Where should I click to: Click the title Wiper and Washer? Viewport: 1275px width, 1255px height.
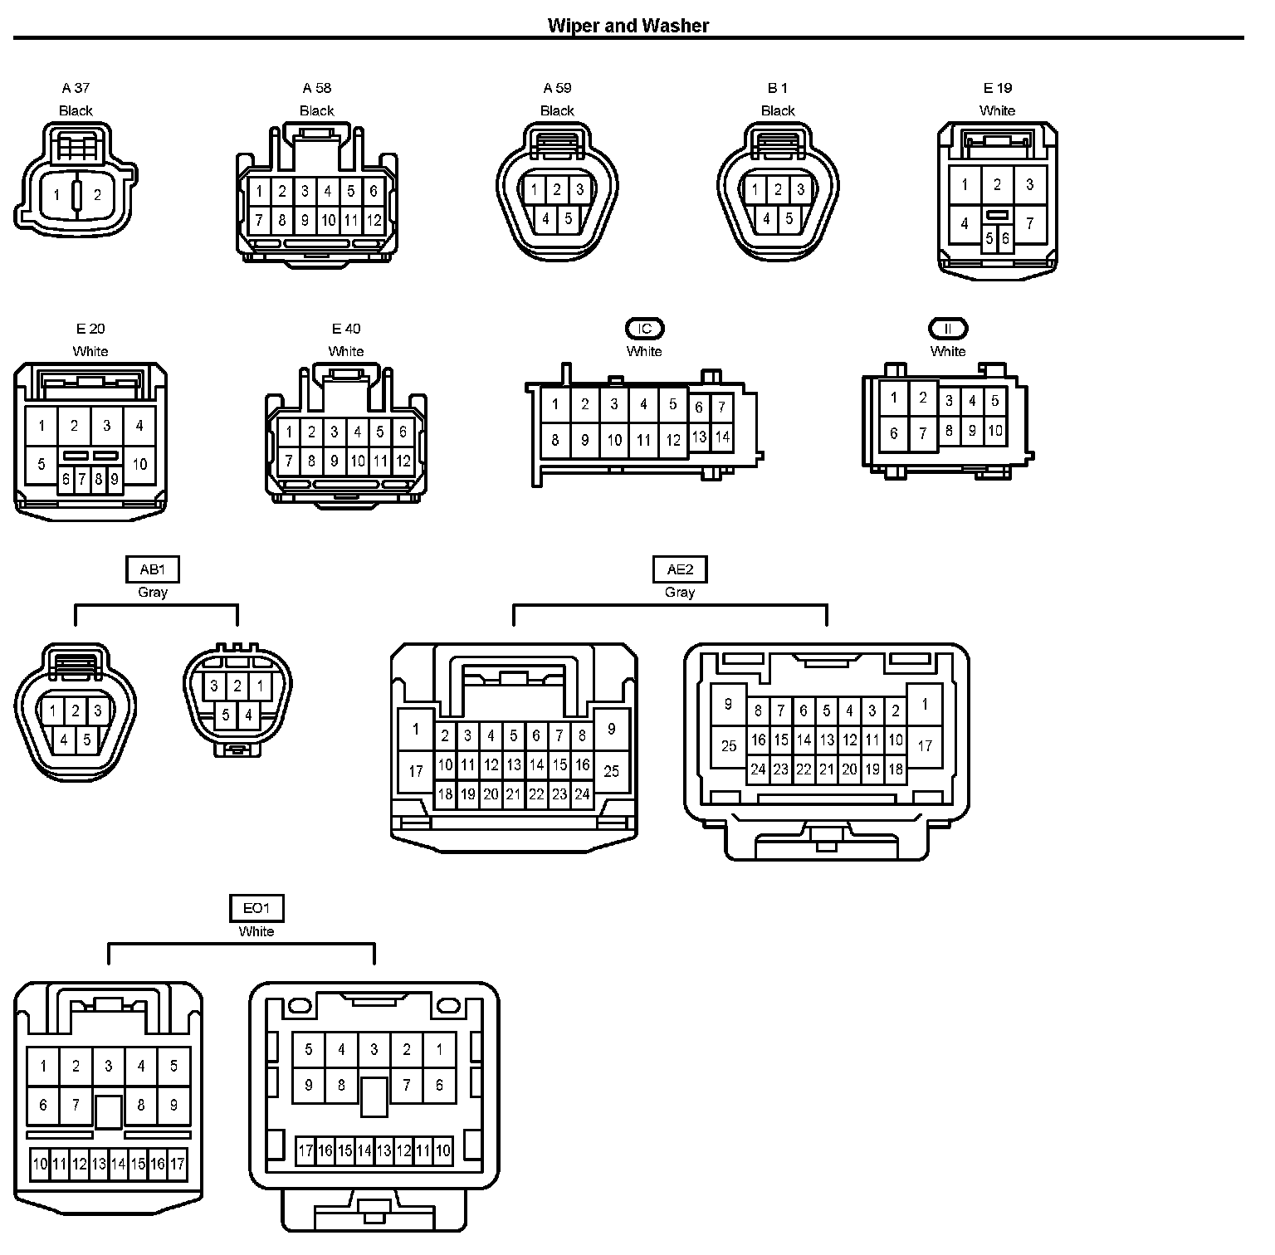tap(628, 26)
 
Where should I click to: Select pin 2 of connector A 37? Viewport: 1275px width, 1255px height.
tap(97, 196)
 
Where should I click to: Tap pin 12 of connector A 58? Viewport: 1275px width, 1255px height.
tap(374, 221)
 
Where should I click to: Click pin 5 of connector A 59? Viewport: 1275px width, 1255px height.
tap(569, 219)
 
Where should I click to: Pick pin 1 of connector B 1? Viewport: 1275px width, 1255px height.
tap(755, 190)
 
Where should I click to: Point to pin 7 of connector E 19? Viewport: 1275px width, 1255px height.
tap(1030, 222)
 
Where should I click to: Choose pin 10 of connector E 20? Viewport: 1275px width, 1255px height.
tap(139, 463)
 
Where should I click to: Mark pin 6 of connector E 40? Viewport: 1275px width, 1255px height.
tap(403, 432)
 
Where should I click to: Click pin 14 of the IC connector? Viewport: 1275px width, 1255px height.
tap(722, 437)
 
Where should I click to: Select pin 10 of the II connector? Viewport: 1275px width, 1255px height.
tap(995, 430)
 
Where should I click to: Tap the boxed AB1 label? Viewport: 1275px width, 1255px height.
tap(153, 569)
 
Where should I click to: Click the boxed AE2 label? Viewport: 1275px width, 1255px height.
tap(680, 569)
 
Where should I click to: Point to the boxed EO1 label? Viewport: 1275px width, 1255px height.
tap(256, 909)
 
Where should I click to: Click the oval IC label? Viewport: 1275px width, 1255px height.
tap(644, 329)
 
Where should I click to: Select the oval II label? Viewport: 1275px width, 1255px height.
tap(948, 329)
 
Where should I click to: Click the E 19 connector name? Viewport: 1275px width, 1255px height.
tap(998, 88)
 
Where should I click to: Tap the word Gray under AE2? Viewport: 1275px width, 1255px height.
tap(680, 593)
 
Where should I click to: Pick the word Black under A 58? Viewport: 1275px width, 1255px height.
tap(316, 111)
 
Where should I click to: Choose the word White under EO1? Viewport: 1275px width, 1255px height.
tap(256, 932)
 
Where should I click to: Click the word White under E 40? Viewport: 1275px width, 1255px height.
tap(346, 352)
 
